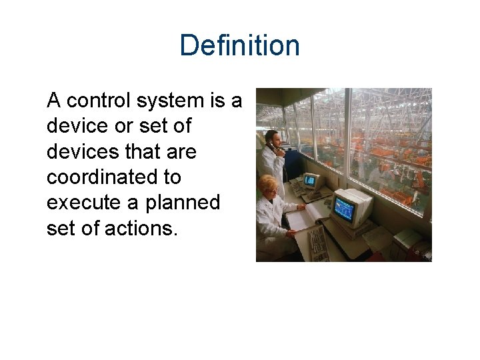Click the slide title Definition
pyautogui.click(x=239, y=46)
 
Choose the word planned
pyautogui.click(x=181, y=203)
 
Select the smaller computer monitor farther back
pyautogui.click(x=312, y=180)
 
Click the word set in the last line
pyautogui.click(x=59, y=228)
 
